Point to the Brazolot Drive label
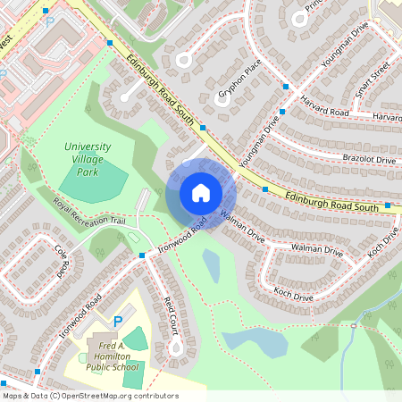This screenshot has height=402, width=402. (x=368, y=159)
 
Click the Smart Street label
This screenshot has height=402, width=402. (x=373, y=79)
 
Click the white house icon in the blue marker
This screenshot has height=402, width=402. (x=201, y=193)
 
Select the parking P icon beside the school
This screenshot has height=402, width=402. (x=117, y=321)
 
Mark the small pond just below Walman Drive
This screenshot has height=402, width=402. (x=212, y=265)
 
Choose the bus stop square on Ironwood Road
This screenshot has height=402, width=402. (x=142, y=256)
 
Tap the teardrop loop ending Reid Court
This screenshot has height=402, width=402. (x=176, y=344)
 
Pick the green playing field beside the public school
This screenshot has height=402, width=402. (x=136, y=339)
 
